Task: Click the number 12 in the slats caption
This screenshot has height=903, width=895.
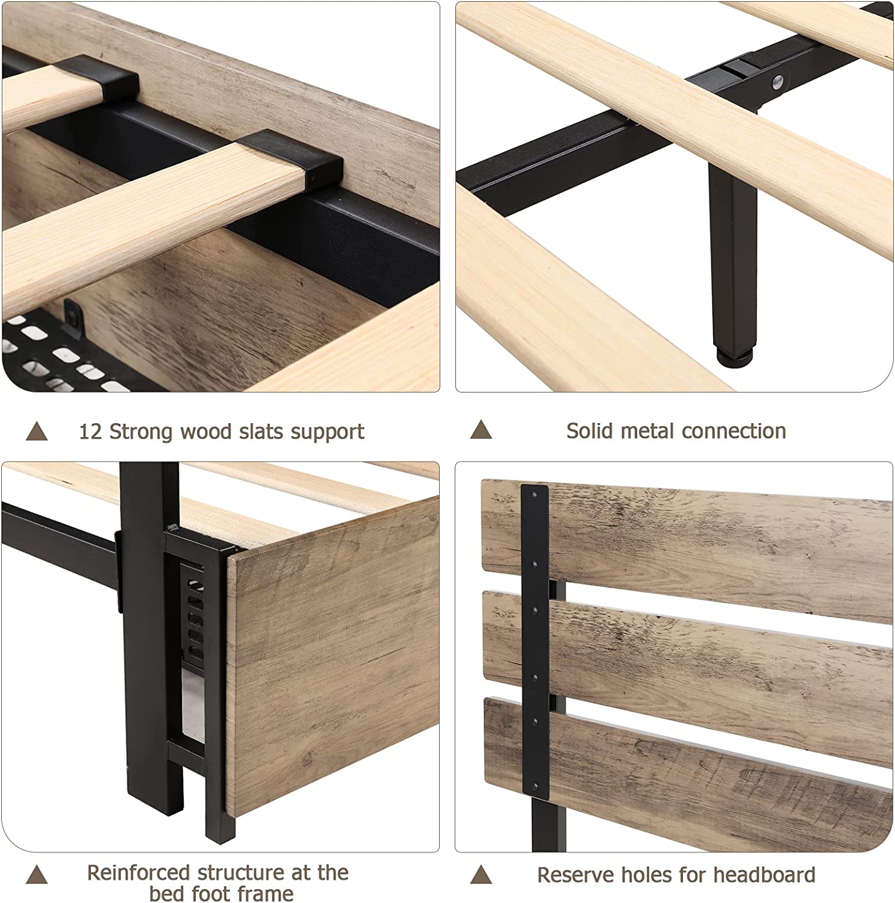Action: point(91,432)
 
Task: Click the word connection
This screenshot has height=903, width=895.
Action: point(734,430)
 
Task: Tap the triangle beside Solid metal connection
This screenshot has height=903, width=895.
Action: point(481,430)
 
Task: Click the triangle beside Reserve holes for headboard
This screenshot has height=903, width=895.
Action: point(481,874)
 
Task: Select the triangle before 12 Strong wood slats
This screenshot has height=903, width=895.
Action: point(37,431)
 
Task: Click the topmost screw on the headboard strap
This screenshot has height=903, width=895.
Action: point(533,495)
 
